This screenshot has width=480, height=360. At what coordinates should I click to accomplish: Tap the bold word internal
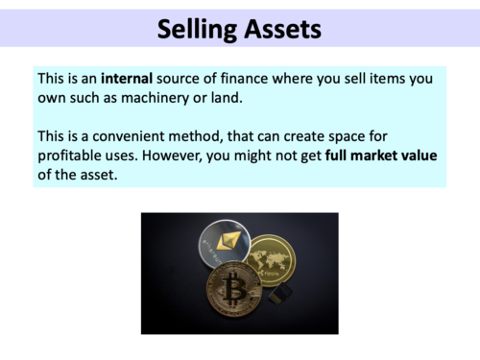pyautogui.click(x=130, y=78)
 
